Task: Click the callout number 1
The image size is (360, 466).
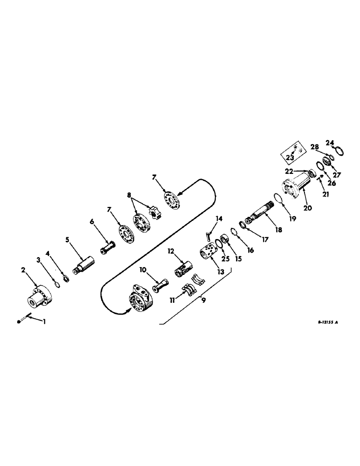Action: point(45,321)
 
